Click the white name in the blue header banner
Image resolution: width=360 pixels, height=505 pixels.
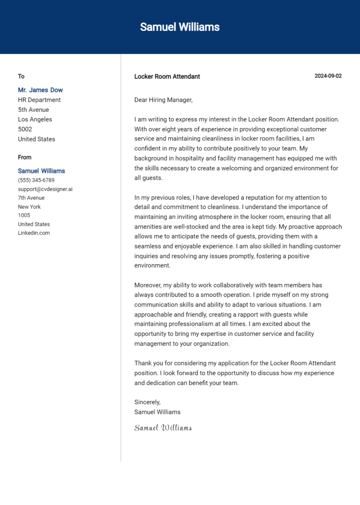pyautogui.click(x=180, y=27)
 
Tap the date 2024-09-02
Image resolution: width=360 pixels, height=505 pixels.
pyautogui.click(x=328, y=76)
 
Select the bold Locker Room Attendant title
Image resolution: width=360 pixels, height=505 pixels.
pyautogui.click(x=167, y=76)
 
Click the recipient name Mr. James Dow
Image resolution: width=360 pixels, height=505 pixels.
pyautogui.click(x=40, y=90)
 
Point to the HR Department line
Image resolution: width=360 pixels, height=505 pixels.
pyautogui.click(x=39, y=100)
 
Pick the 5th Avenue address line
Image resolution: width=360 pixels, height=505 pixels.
pyautogui.click(x=33, y=110)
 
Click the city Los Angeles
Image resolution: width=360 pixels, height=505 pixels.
pyautogui.click(x=35, y=119)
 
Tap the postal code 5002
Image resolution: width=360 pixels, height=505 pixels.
pyautogui.click(x=25, y=129)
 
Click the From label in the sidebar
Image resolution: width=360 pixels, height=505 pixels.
pyautogui.click(x=25, y=157)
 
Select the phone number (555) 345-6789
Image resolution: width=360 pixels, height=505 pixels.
pyautogui.click(x=36, y=180)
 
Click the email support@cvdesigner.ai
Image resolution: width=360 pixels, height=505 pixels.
pyautogui.click(x=45, y=189)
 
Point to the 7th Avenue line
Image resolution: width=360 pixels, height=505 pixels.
pyautogui.click(x=31, y=198)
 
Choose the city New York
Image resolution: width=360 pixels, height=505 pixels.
pyautogui.click(x=29, y=207)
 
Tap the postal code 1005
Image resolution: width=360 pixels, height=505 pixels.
pyautogui.click(x=24, y=215)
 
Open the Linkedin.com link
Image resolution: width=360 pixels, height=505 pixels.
pyautogui.click(x=34, y=233)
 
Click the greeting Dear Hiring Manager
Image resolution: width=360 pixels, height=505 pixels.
pyautogui.click(x=164, y=100)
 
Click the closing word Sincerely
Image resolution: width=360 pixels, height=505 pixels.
pyautogui.click(x=147, y=402)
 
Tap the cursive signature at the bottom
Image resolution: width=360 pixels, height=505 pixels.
pyautogui.click(x=163, y=428)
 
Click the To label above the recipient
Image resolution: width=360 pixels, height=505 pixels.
pyautogui.click(x=21, y=76)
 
